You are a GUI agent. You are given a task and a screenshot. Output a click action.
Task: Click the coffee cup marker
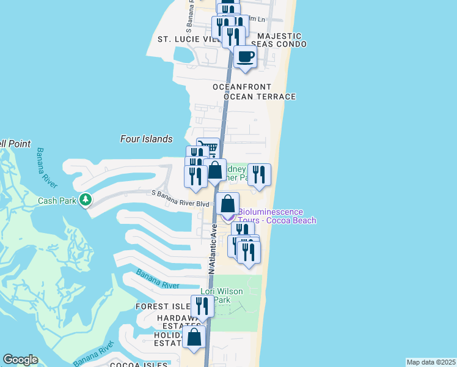pyautogui.click(x=246, y=57)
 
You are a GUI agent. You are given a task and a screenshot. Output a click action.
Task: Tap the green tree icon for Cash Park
pyautogui.click(x=86, y=199)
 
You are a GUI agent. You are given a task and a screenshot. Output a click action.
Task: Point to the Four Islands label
pyautogui.click(x=146, y=139)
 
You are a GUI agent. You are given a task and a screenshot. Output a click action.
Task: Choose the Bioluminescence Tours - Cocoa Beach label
pyautogui.click(x=277, y=216)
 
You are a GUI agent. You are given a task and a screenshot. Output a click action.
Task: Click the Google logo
pyautogui.click(x=20, y=360)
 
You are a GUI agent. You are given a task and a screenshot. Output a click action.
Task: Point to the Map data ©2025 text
pyautogui.click(x=431, y=362)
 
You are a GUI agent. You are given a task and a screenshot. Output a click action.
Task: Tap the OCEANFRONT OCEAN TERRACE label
pyautogui.click(x=254, y=92)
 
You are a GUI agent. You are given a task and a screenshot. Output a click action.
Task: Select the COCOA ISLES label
pyautogui.click(x=139, y=365)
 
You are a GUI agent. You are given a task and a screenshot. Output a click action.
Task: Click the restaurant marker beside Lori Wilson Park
pyautogui.click(x=203, y=306)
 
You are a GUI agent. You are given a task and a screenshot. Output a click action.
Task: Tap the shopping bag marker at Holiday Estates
pyautogui.click(x=194, y=337)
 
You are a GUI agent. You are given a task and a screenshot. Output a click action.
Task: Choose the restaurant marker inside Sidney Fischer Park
pyautogui.click(x=259, y=175)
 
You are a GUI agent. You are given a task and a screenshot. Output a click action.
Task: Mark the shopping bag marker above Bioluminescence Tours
pyautogui.click(x=227, y=204)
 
